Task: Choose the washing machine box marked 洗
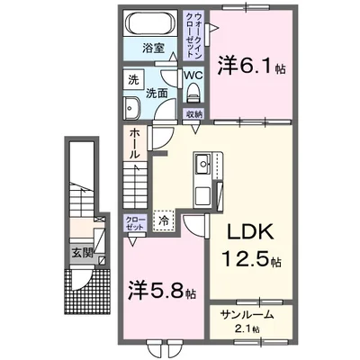point(132,79)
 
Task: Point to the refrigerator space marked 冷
point(164,219)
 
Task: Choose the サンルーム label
point(245,315)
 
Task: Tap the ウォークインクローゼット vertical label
point(194,35)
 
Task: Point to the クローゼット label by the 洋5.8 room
point(133,222)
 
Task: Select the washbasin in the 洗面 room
point(134,106)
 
